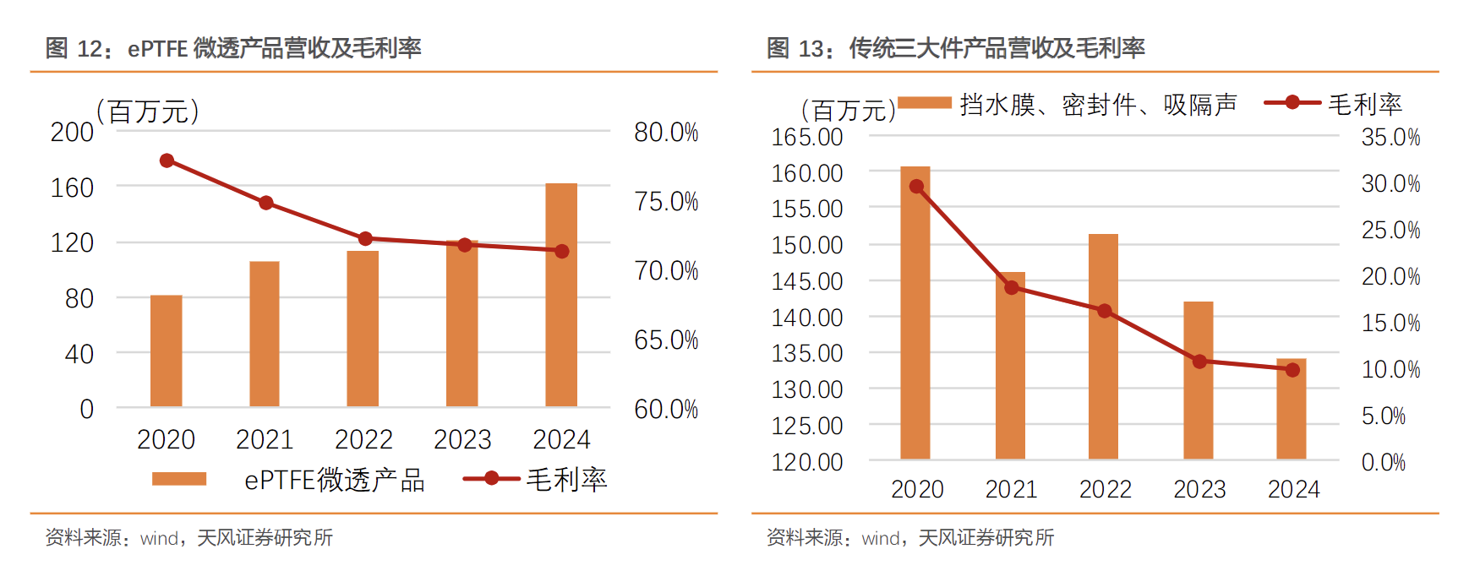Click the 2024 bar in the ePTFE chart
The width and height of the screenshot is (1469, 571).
[561, 296]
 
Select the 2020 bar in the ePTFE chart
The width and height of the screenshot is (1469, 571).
[167, 351]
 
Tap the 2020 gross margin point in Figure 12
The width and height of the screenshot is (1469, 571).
[167, 160]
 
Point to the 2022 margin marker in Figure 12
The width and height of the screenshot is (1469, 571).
[365, 239]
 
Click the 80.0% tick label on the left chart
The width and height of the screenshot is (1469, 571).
[666, 133]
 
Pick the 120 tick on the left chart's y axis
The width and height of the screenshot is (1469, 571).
[72, 243]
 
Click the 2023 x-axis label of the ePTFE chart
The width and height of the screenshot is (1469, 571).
[462, 440]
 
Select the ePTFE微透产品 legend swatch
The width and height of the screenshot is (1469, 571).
[179, 479]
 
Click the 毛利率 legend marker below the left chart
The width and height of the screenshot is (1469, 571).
[491, 479]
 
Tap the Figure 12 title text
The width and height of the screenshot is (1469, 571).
[233, 48]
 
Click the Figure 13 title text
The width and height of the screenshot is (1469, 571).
[955, 48]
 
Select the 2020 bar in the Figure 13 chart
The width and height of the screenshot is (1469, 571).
[915, 313]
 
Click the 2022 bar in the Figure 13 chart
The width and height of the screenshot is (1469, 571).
[1103, 346]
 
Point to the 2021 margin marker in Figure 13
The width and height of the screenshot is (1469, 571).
[1012, 288]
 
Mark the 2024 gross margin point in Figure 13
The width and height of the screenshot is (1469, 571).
[1292, 370]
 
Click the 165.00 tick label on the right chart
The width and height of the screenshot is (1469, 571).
[807, 137]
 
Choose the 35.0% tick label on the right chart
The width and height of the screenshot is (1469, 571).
[1390, 138]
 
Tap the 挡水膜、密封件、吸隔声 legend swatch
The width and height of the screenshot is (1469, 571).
[925, 103]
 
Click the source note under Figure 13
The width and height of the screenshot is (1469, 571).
[910, 538]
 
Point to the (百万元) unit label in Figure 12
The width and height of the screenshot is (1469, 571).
[149, 111]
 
